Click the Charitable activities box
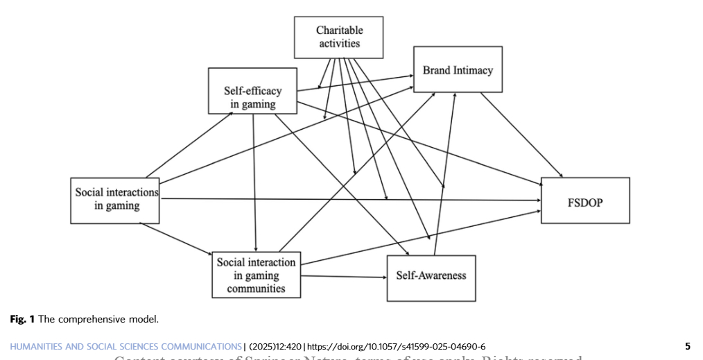pyautogui.click(x=339, y=37)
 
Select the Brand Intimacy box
pyautogui.click(x=458, y=69)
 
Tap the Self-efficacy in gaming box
pyautogui.click(x=252, y=91)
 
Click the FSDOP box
pyautogui.click(x=585, y=200)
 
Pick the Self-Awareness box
pyautogui.click(x=431, y=275)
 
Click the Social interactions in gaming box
pyautogui.click(x=116, y=200)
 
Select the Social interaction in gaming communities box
pyautogui.click(x=256, y=275)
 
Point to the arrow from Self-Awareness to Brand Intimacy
pyautogui.click(x=445, y=173)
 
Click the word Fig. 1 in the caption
pyautogui.click(x=22, y=319)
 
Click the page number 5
pyautogui.click(x=687, y=346)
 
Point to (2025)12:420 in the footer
pyautogui.click(x=275, y=346)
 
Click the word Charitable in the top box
pyautogui.click(x=339, y=30)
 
